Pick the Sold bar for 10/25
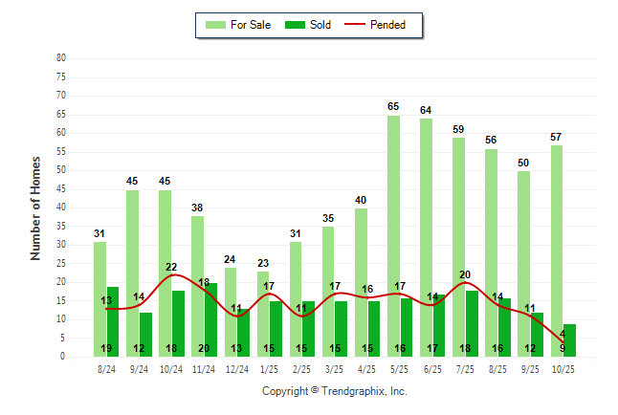point(569,339)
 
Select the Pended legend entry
point(381,25)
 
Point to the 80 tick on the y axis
point(60,58)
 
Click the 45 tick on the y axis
point(60,189)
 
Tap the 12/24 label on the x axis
point(237,368)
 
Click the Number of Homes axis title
point(36,207)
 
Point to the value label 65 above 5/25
point(393,107)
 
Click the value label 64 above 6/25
point(426,111)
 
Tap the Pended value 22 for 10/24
point(172,268)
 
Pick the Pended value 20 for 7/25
point(465,275)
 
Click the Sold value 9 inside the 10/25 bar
point(563,348)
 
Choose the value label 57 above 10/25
point(556,137)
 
